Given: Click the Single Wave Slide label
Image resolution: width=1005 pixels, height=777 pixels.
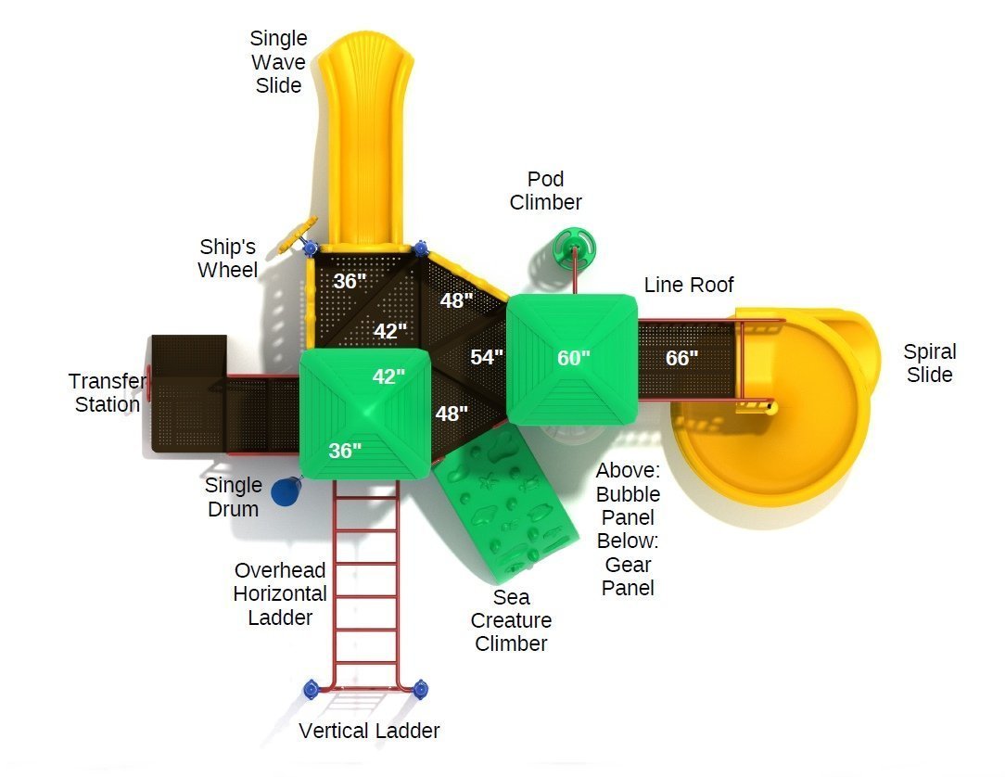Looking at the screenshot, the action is [278, 61].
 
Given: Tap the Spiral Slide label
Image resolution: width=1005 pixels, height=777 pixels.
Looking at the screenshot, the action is [929, 363].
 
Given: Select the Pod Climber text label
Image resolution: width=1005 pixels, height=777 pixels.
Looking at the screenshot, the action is [545, 190].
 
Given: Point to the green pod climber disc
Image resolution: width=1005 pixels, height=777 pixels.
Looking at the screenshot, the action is [574, 248].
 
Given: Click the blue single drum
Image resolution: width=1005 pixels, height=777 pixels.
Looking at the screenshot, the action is [286, 491].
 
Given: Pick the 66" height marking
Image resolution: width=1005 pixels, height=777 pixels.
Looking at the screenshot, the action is [681, 358].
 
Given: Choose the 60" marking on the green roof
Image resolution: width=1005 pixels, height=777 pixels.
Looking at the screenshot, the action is [573, 358].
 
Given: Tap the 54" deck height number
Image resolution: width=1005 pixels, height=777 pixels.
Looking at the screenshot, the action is [487, 356].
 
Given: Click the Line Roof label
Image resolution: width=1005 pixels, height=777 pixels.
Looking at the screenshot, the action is [688, 285].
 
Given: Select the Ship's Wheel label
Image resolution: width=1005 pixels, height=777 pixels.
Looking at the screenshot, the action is [227, 259].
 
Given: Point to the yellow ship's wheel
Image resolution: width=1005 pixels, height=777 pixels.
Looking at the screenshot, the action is [297, 235].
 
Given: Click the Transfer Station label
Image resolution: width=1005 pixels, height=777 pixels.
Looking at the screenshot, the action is [107, 392].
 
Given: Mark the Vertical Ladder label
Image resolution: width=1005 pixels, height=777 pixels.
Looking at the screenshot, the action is [369, 731].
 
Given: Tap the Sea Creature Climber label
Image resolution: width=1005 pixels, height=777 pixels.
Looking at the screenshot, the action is [511, 620].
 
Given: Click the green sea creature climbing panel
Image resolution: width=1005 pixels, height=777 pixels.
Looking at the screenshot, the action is [506, 500].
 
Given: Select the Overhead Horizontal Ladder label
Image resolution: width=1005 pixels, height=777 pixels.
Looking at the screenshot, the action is [280, 593].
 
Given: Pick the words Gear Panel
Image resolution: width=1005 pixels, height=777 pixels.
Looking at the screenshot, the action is [628, 577].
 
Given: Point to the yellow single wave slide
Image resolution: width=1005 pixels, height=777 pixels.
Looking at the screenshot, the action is [364, 141].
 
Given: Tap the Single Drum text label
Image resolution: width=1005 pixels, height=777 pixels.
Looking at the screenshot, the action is [234, 497].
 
